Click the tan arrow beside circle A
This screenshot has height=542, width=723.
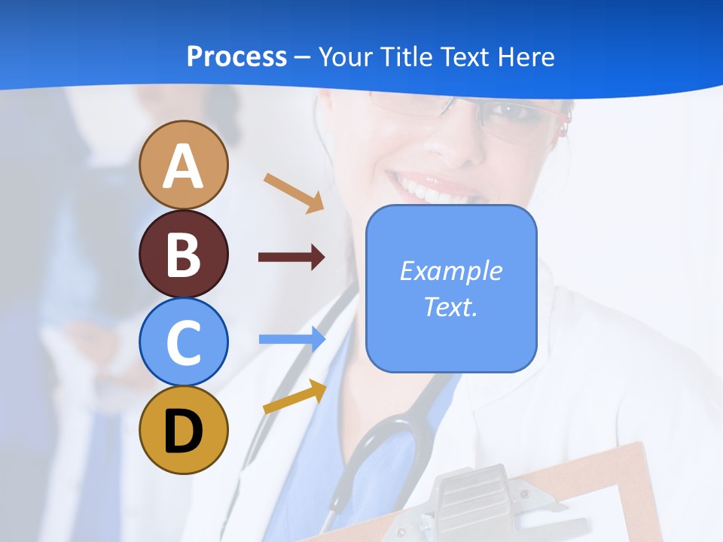pyautogui.click(x=294, y=192)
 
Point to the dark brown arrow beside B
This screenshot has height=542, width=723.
pyautogui.click(x=291, y=257)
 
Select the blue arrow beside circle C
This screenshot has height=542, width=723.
pyautogui.click(x=292, y=340)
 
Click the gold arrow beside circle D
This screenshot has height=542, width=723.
pyautogui.click(x=294, y=397)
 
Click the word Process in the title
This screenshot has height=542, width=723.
pyautogui.click(x=236, y=56)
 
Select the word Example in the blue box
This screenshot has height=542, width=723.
pyautogui.click(x=450, y=271)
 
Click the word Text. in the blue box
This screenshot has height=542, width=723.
pyautogui.click(x=450, y=306)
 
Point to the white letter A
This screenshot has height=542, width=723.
pyautogui.click(x=184, y=166)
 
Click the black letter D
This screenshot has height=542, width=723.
pyautogui.click(x=183, y=432)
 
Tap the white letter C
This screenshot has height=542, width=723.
pyautogui.click(x=184, y=343)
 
